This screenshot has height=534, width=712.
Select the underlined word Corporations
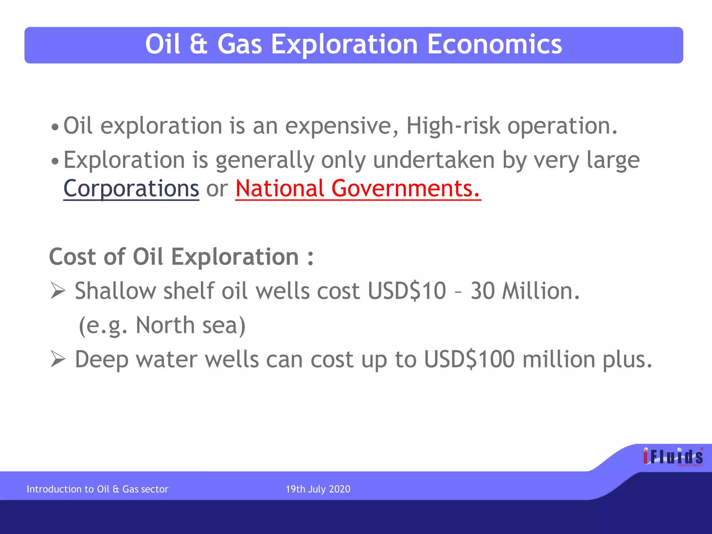point(131,188)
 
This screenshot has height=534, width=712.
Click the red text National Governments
point(358,188)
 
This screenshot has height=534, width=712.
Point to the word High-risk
point(453,126)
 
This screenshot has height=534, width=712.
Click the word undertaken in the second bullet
point(434,160)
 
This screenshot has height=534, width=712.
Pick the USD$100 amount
point(469,359)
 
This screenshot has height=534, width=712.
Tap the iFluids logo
point(673,457)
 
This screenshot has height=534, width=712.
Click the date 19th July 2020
point(318,489)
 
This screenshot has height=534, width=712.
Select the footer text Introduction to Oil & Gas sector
point(97,489)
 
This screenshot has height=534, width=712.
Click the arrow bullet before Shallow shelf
point(58,291)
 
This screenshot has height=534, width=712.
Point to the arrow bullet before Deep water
point(58,359)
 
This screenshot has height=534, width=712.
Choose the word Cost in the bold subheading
point(72,257)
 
